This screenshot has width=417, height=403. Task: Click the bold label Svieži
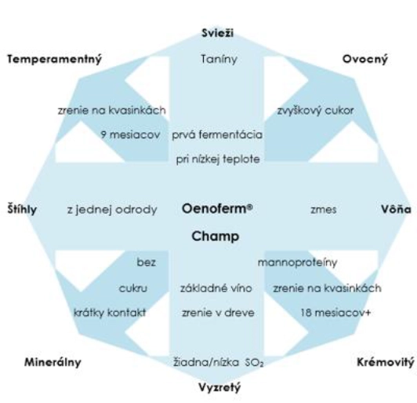pos(218,33)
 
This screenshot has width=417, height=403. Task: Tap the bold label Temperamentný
pos(55,59)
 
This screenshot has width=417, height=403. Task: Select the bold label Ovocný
pos(365,59)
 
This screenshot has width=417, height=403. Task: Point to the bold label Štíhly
pos(22,209)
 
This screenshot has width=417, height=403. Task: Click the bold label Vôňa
pos(397,209)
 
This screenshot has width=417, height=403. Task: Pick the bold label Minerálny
pos(53,362)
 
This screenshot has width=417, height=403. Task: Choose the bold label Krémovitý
pos(386,362)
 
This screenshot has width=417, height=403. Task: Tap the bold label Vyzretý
pos(219,387)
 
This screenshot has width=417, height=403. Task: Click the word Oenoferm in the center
pos(215,208)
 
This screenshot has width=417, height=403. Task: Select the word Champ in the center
pos(216,236)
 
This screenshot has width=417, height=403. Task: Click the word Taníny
pos(219,59)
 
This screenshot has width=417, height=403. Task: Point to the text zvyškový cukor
pos(316,110)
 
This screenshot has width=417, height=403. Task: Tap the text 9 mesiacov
pos(131,134)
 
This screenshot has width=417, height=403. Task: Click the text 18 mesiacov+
pos(335,313)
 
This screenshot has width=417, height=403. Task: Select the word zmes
pos(324,210)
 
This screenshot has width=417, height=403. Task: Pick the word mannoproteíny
pos(297,262)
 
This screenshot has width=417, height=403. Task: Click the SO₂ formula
pos(255,363)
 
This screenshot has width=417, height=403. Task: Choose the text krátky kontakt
pos(110,313)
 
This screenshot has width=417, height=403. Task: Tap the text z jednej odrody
pos(112,210)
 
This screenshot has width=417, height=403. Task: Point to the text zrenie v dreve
pos(218,313)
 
